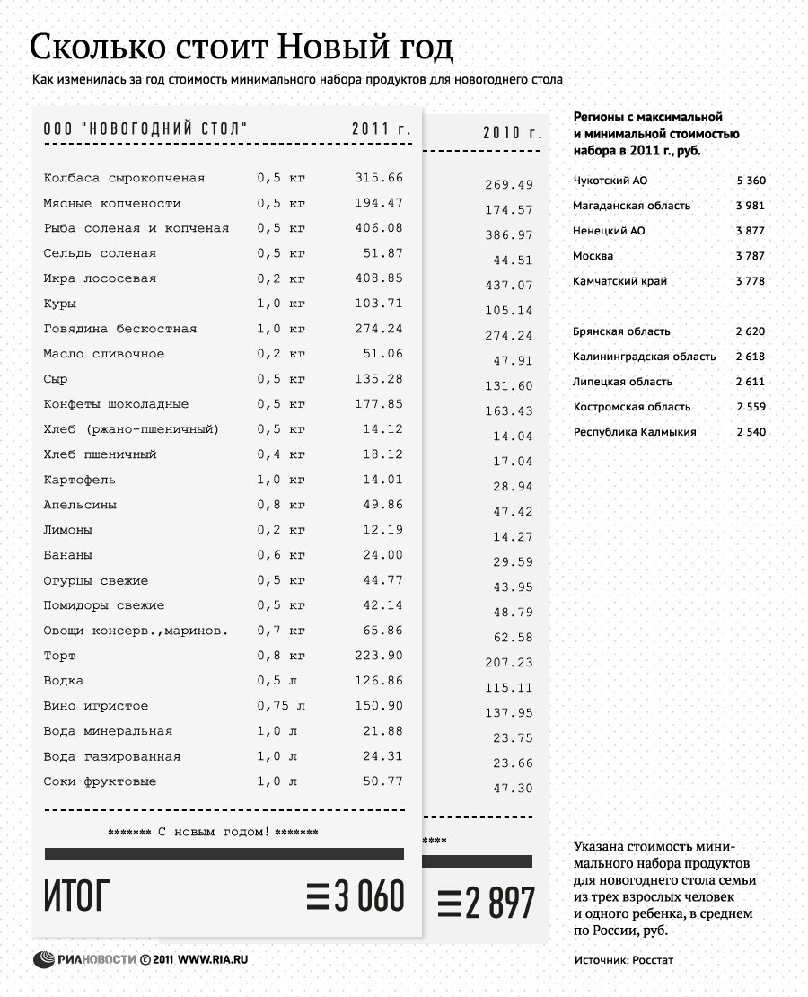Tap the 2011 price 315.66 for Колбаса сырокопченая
click(x=379, y=178)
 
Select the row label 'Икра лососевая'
click(x=100, y=278)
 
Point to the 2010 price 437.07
click(x=509, y=286)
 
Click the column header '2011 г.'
click(x=382, y=129)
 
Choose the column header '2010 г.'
click(x=513, y=133)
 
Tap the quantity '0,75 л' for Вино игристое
click(x=281, y=706)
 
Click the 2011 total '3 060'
click(x=356, y=896)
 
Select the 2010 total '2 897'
click(x=487, y=903)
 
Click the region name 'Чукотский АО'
click(x=610, y=181)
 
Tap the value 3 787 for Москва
click(x=750, y=256)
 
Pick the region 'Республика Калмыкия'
click(x=635, y=432)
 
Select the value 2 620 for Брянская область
click(x=750, y=331)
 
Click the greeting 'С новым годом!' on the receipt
click(x=213, y=832)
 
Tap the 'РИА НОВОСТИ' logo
click(x=84, y=959)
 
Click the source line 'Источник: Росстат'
click(x=623, y=960)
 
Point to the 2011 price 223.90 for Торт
click(x=379, y=656)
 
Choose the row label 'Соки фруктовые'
click(x=100, y=781)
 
